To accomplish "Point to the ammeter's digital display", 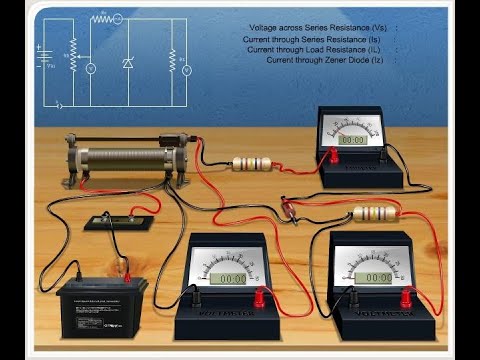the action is point(352,140).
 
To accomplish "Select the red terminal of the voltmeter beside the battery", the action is point(262,296).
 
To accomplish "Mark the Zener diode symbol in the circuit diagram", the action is point(128,65).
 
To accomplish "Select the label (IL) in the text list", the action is point(375,49).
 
